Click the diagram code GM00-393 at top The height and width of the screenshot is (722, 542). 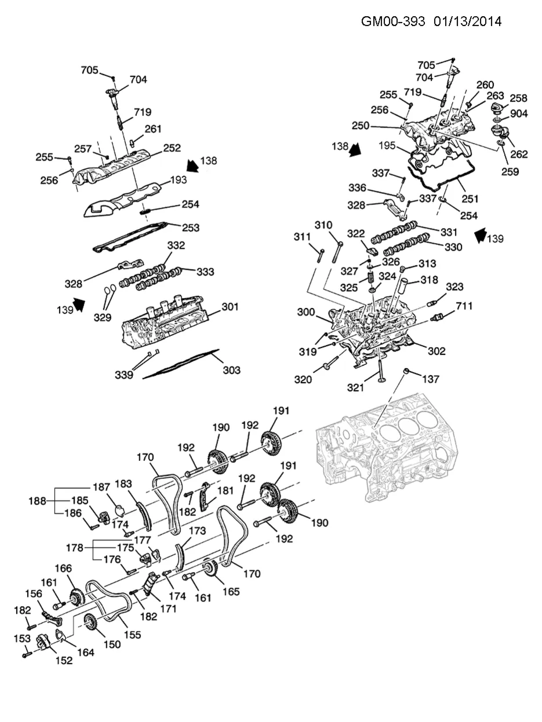point(393,21)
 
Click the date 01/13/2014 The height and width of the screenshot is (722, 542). point(467,21)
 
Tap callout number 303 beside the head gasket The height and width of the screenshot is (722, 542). point(232,370)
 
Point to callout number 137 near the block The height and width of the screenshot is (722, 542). point(431,379)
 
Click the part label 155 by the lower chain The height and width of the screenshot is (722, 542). point(132,635)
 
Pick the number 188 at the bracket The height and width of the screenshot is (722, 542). point(37,501)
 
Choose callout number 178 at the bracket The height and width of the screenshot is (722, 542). point(75,548)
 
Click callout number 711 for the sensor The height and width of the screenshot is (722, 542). point(464,306)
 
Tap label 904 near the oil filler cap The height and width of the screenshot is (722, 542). point(519,113)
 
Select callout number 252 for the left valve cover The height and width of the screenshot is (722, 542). point(172,148)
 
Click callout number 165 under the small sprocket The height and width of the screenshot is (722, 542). point(231,591)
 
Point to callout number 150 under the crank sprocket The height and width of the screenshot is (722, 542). point(112,644)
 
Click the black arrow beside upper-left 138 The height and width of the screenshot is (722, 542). point(192,166)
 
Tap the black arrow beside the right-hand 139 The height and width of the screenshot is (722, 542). point(481,236)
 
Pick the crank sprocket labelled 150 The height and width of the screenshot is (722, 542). point(89,622)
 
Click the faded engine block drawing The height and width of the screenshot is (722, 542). point(387,448)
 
